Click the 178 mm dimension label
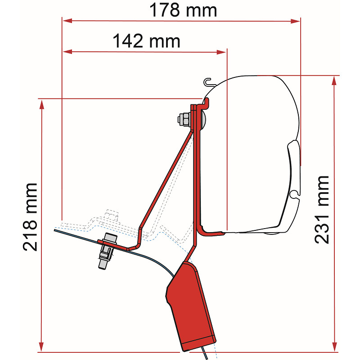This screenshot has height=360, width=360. [x=183, y=10]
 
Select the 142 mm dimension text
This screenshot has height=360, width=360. [x=146, y=41]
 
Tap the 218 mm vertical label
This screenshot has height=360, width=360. [x=30, y=217]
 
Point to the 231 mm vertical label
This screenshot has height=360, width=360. [x=321, y=209]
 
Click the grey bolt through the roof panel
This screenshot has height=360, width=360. [x=107, y=251]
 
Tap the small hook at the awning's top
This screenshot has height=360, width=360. [x=208, y=82]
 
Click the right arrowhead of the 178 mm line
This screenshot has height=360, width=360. [x=295, y=21]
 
